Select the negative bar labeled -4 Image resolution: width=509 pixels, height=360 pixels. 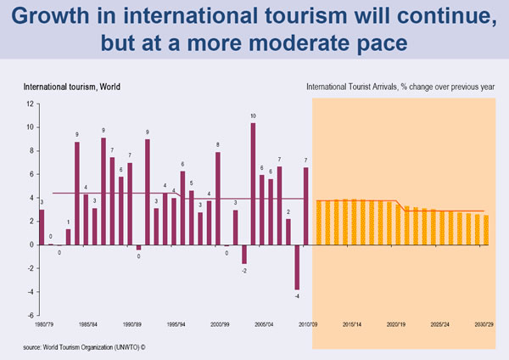[x=297, y=267]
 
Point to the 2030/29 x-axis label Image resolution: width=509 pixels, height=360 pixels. [x=485, y=323]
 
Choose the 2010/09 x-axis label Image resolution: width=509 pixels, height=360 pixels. [x=307, y=323]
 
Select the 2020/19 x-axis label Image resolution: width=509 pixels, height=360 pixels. [x=396, y=323]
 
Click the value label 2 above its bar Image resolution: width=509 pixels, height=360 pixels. [x=288, y=211]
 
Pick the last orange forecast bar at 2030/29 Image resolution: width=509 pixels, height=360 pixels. [x=485, y=230]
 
